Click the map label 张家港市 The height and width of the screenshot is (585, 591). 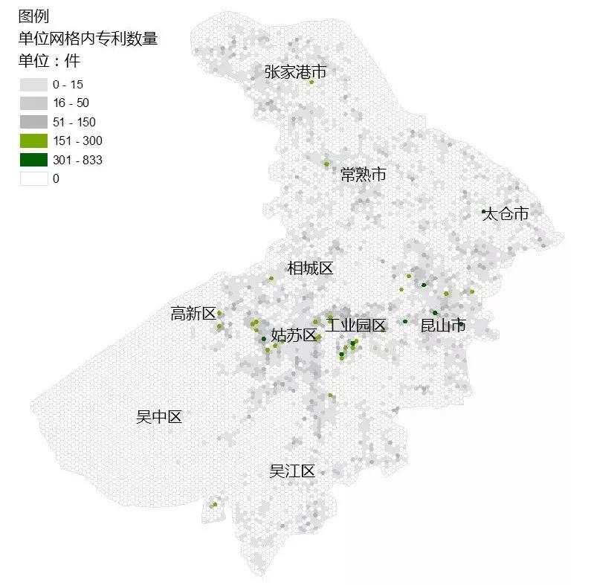point(295,72)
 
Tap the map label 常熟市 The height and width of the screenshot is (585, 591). point(363,175)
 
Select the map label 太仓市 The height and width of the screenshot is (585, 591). point(506,214)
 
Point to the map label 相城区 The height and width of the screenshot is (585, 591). point(310,268)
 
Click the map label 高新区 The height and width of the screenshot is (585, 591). point(193,314)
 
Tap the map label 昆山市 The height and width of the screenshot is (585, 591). point(443,325)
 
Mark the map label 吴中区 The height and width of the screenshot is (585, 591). point(158,417)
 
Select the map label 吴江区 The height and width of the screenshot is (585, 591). point(292,471)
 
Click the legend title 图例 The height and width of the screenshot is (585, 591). point(33,16)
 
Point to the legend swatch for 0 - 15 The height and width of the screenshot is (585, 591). point(33,84)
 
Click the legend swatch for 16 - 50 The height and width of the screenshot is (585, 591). point(33,103)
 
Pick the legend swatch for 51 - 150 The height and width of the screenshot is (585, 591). point(33,122)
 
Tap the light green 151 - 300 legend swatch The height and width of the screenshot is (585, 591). point(33,140)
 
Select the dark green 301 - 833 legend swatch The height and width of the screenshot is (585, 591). point(33,160)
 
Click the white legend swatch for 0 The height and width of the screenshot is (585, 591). point(33,178)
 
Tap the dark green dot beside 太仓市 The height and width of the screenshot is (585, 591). point(483,212)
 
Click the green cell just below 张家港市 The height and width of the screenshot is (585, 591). point(311,83)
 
